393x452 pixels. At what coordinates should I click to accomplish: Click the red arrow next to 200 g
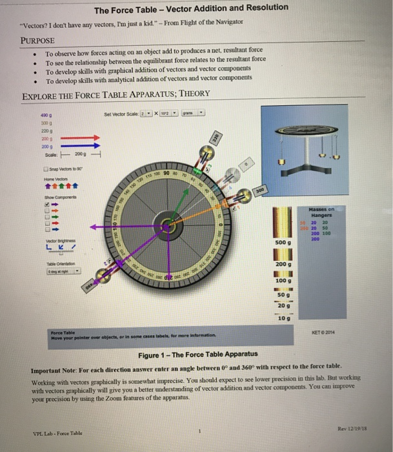click(x=80, y=137)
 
